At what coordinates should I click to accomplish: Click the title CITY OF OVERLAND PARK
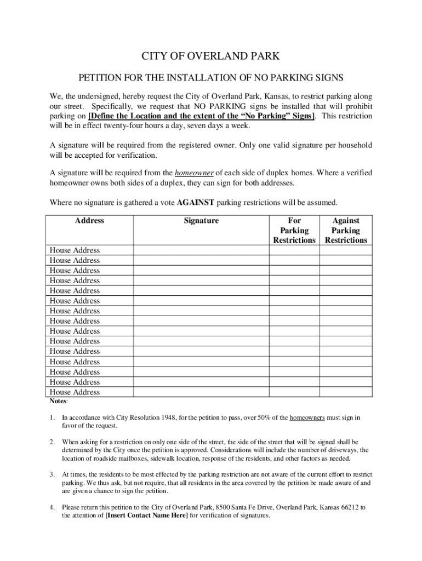pyautogui.click(x=211, y=56)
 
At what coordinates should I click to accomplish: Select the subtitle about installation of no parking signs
pyautogui.click(x=211, y=78)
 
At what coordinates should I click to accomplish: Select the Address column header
pyautogui.click(x=89, y=221)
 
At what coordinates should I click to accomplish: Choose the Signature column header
pyautogui.click(x=201, y=221)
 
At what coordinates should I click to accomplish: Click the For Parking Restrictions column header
pyautogui.click(x=294, y=231)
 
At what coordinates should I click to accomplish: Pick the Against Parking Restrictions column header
pyautogui.click(x=346, y=231)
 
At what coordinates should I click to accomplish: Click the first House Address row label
pyautogui.click(x=75, y=250)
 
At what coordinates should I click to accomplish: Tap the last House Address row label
pyautogui.click(x=75, y=392)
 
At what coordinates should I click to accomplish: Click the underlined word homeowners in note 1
pyautogui.click(x=307, y=418)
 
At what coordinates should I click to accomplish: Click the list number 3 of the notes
pyautogui.click(x=52, y=474)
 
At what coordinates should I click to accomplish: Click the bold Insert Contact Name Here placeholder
pyautogui.click(x=146, y=516)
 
